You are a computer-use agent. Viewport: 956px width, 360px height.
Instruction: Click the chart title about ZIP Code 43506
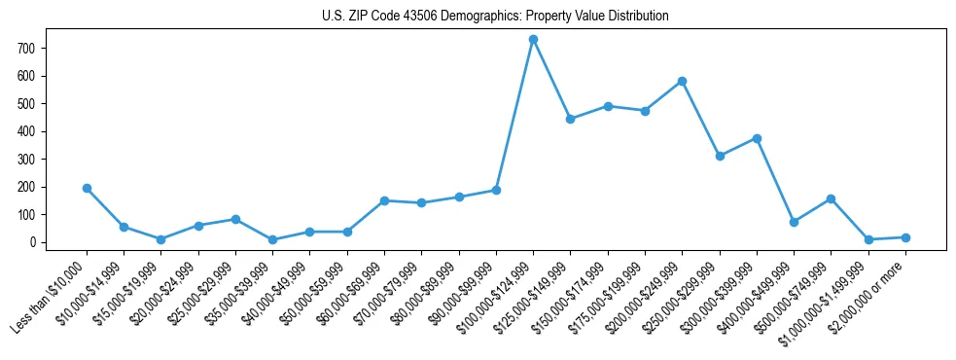(x=495, y=17)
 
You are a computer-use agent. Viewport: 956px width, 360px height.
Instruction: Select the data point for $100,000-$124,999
(x=533, y=39)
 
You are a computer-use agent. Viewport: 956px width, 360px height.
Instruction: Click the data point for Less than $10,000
(x=87, y=188)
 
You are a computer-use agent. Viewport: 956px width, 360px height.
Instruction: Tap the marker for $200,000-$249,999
(x=682, y=81)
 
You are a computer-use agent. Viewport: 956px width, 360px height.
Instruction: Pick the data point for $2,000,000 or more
(x=905, y=237)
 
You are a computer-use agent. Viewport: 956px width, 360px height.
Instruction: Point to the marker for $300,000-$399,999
(x=757, y=138)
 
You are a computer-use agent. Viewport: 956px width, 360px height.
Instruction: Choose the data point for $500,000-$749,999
(x=831, y=198)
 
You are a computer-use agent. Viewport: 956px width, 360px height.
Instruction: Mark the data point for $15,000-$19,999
(x=160, y=239)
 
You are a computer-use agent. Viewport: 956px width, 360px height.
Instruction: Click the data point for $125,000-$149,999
(x=570, y=119)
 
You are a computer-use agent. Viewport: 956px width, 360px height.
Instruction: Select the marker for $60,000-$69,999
(x=384, y=200)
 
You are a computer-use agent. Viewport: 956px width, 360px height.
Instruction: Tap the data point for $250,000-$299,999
(x=720, y=156)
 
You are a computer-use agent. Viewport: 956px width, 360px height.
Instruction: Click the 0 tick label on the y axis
(x=31, y=242)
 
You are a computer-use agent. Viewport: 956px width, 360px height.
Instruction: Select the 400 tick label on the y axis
(x=26, y=131)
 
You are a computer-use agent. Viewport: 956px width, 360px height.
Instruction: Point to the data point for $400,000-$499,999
(x=794, y=222)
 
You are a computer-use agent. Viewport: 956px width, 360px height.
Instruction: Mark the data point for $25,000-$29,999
(x=235, y=219)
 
